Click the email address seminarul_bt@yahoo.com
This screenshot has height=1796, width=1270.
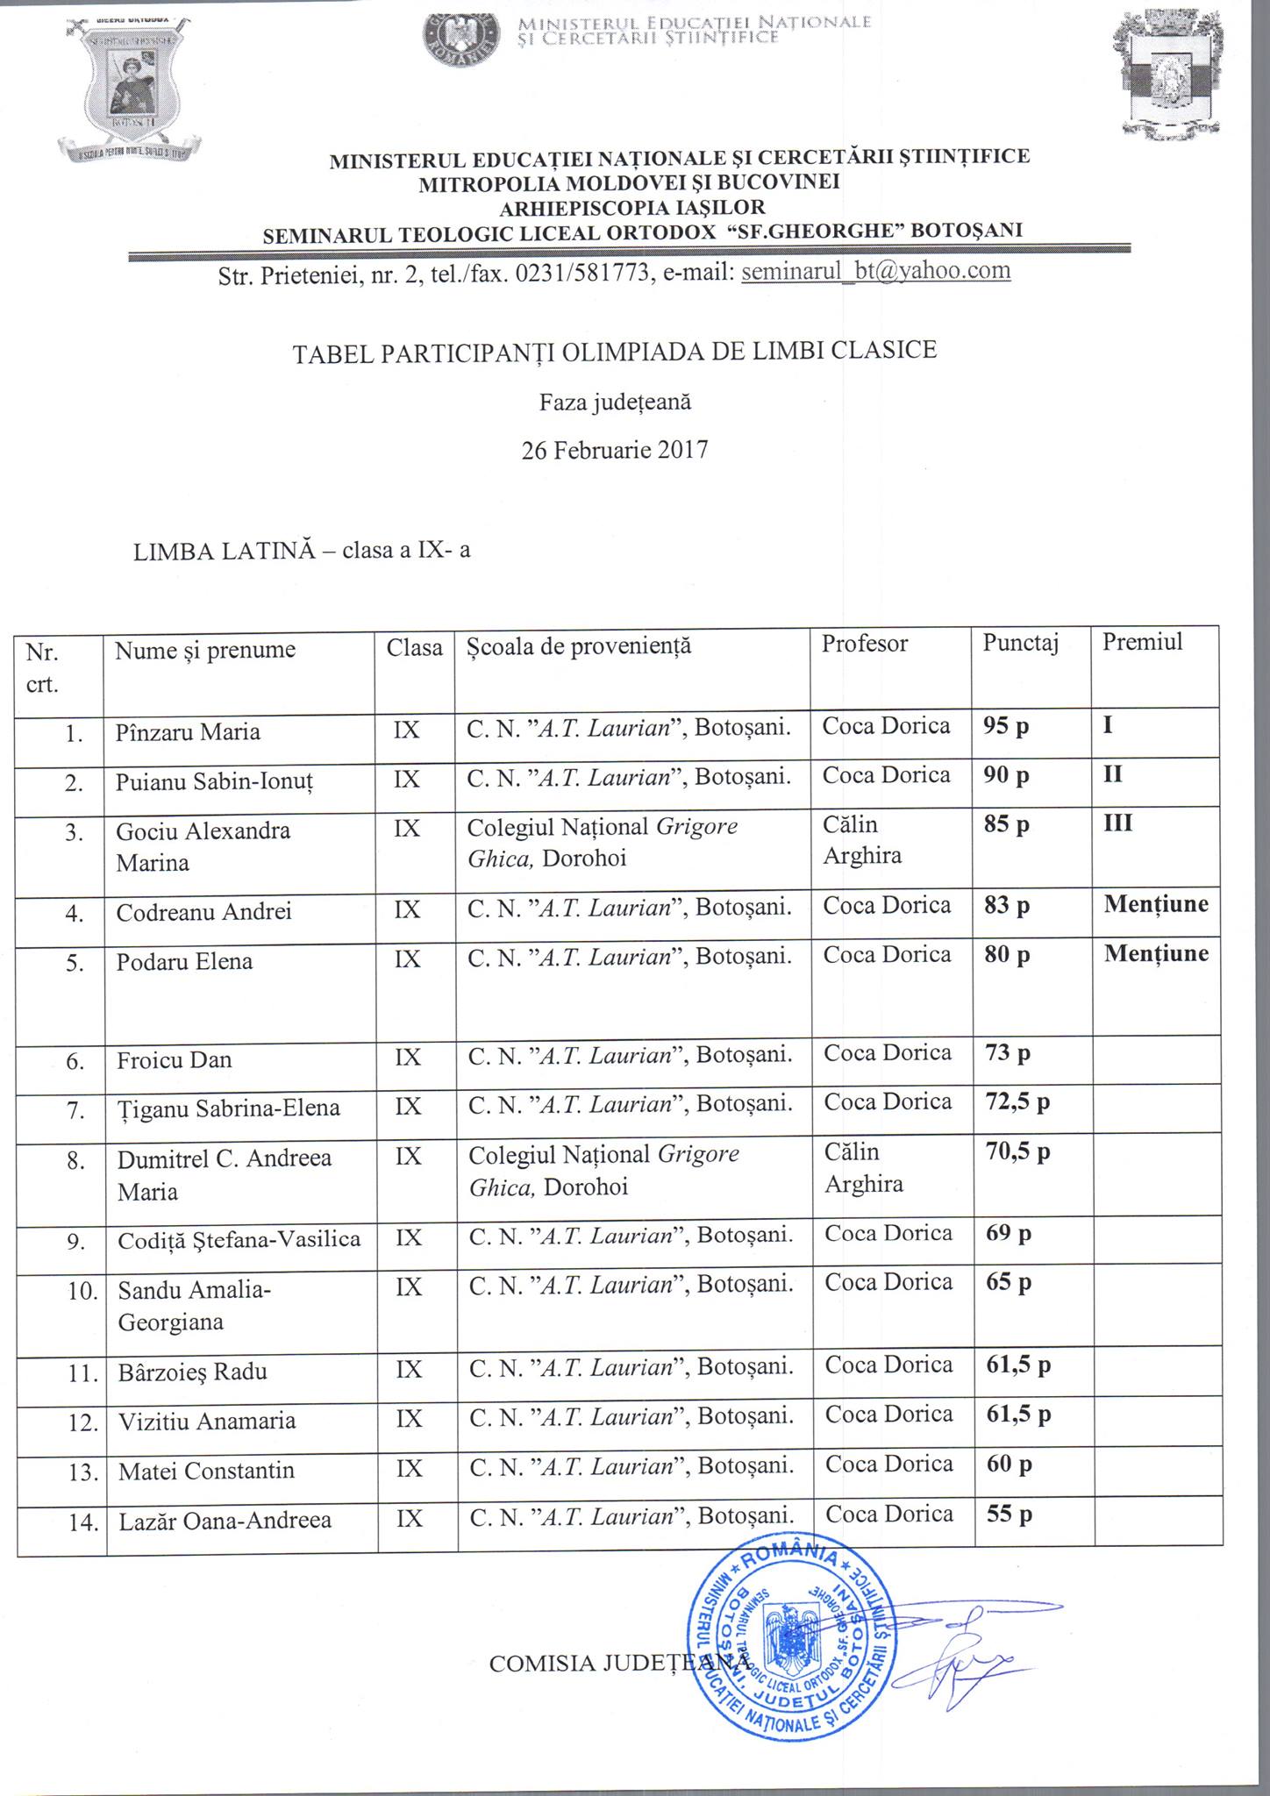pos(876,271)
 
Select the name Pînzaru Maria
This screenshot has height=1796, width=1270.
pos(188,732)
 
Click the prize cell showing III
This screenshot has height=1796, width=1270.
pos(1117,823)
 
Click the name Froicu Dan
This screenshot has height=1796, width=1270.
pos(175,1060)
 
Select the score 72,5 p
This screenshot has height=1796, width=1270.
pos(1017,1102)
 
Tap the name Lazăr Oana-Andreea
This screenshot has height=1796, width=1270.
pos(225,1520)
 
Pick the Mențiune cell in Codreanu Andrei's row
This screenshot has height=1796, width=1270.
pos(1155,904)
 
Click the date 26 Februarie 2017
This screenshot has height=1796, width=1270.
pos(615,451)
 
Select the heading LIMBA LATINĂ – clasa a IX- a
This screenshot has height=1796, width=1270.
pos(302,552)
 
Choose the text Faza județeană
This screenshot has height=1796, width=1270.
pos(615,403)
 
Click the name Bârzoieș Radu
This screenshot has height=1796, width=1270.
pos(192,1372)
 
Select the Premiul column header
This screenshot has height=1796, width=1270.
pos(1142,643)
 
